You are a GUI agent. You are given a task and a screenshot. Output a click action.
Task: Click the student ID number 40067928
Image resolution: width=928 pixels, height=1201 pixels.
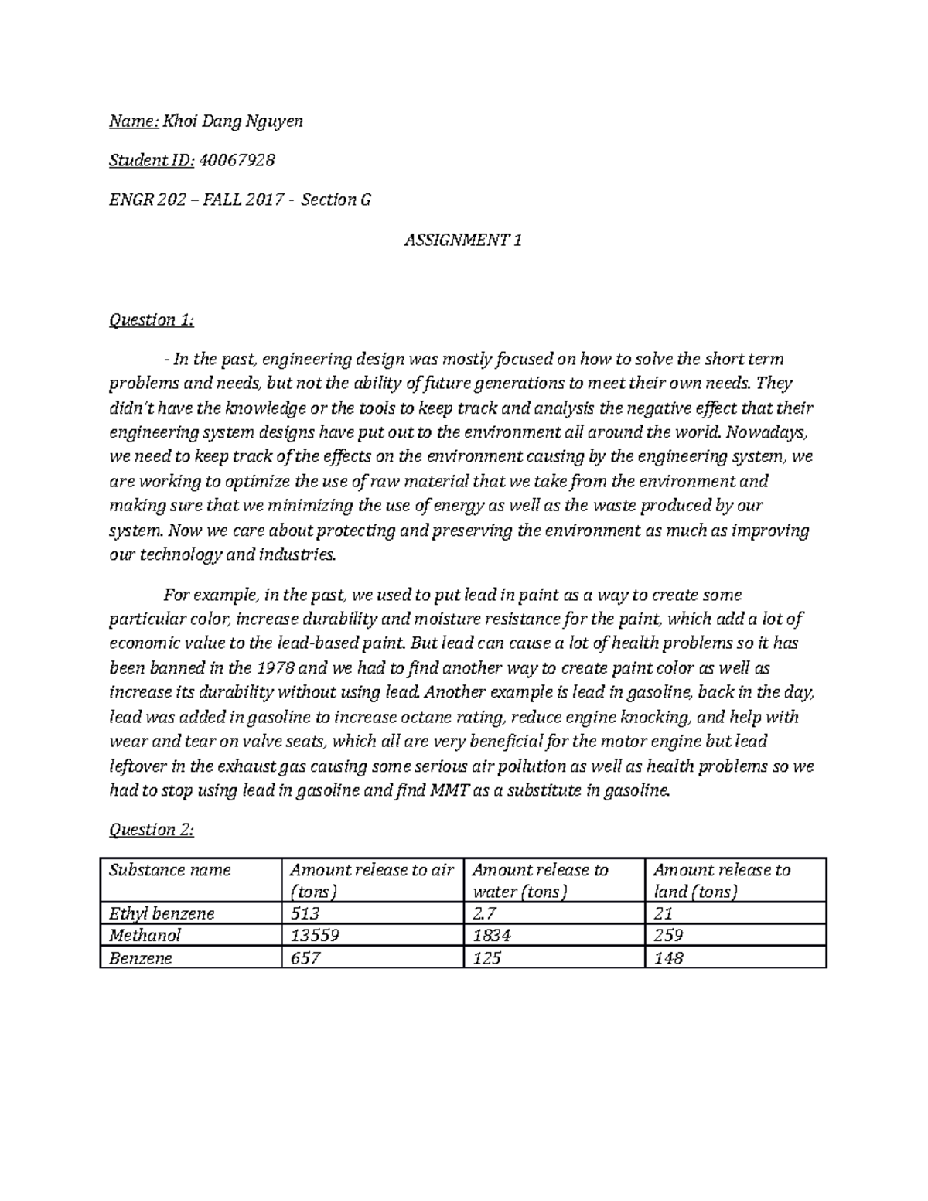pyautogui.click(x=237, y=161)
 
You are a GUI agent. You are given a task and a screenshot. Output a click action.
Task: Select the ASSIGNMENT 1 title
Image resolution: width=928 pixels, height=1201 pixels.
pyautogui.click(x=463, y=241)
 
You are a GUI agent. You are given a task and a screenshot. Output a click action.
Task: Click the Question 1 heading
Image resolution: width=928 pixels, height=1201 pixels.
pyautogui.click(x=152, y=319)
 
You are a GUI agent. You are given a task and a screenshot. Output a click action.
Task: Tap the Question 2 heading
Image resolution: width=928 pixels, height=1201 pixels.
pyautogui.click(x=152, y=830)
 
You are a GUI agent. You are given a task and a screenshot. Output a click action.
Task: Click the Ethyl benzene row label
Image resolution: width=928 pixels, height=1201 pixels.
pyautogui.click(x=161, y=913)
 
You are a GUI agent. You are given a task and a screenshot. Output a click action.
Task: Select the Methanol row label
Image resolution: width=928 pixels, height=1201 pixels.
pyautogui.click(x=145, y=936)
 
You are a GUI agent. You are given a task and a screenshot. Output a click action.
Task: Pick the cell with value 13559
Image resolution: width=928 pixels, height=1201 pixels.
pyautogui.click(x=315, y=936)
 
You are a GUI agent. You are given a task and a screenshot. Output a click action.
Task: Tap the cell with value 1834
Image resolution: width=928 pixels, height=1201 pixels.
pyautogui.click(x=492, y=936)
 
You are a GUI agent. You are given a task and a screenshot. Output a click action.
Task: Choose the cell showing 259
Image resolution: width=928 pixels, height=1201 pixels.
pyautogui.click(x=668, y=936)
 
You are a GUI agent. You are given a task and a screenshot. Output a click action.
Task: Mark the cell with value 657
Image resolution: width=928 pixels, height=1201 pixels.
pyautogui.click(x=305, y=958)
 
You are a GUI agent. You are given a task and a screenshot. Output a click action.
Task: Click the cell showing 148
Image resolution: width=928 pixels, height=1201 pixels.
pyautogui.click(x=668, y=958)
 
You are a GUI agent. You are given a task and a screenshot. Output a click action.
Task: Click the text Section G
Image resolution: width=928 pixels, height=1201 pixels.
pyautogui.click(x=336, y=200)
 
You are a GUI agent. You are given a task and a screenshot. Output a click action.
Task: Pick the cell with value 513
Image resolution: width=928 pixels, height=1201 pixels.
pyautogui.click(x=305, y=913)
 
